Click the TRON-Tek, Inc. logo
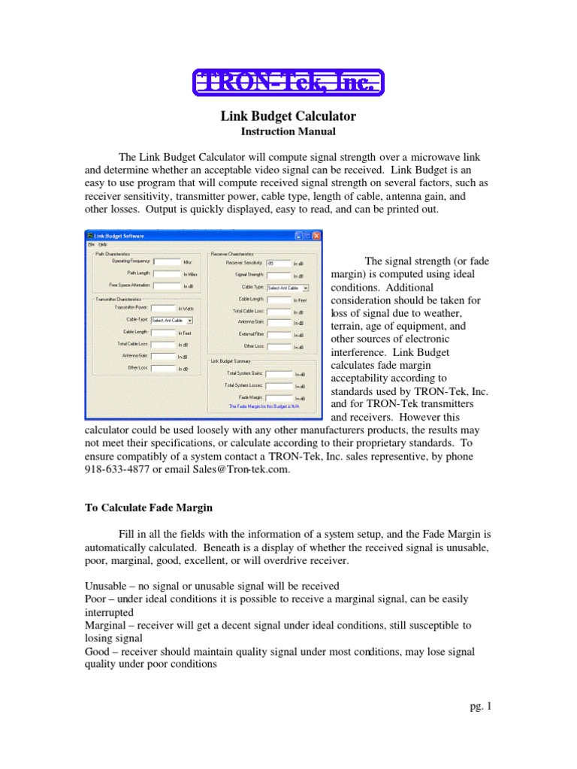(288, 82)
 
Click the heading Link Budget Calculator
(288, 116)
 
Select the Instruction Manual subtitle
(288, 131)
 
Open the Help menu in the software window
(103, 245)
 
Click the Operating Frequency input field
(166, 262)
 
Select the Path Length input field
(166, 273)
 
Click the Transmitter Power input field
(163, 308)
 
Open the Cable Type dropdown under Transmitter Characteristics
(171, 320)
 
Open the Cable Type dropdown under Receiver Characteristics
(288, 287)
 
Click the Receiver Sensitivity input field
(279, 264)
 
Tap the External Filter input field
(279, 334)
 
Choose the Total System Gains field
(278, 373)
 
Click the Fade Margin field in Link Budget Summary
(278, 397)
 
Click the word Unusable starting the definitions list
(104, 586)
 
